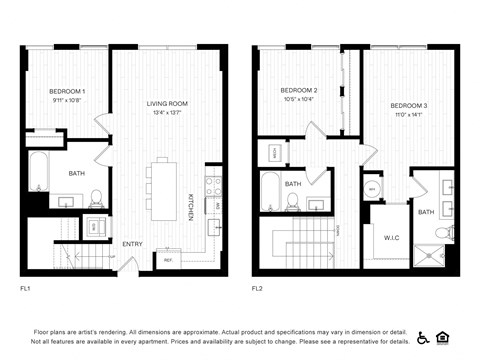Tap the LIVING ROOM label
pyautogui.click(x=167, y=104)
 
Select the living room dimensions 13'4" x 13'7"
pyautogui.click(x=167, y=113)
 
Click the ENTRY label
pyautogui.click(x=131, y=244)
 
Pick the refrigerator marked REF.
pyautogui.click(x=168, y=262)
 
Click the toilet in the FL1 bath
pyautogui.click(x=97, y=198)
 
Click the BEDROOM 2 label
pyautogui.click(x=299, y=90)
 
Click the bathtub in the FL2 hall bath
pyautogui.click(x=270, y=189)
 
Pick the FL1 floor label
pyautogui.click(x=26, y=287)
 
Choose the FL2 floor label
pyautogui.click(x=257, y=287)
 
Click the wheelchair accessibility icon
pyautogui.click(x=423, y=337)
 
